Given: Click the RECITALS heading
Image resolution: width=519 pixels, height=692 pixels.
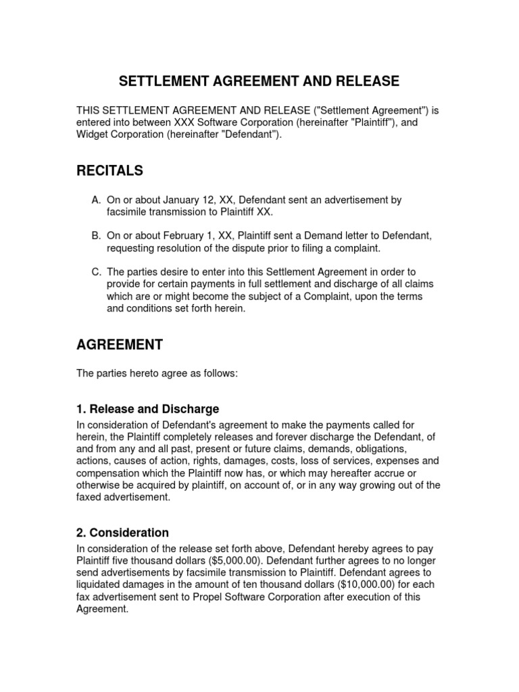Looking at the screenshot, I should point(109,171).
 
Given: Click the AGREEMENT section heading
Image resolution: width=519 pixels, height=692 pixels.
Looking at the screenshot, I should point(120,345).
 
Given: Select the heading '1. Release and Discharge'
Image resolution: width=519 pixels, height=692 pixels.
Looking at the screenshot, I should point(147,410).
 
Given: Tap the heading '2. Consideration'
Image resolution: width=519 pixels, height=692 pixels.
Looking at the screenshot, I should point(122,533).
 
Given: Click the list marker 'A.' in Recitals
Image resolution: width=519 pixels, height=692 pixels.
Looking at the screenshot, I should point(95,200).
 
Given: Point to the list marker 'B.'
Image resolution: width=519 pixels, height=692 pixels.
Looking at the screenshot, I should point(95,236).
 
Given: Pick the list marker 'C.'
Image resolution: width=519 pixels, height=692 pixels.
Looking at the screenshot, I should point(95,272).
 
